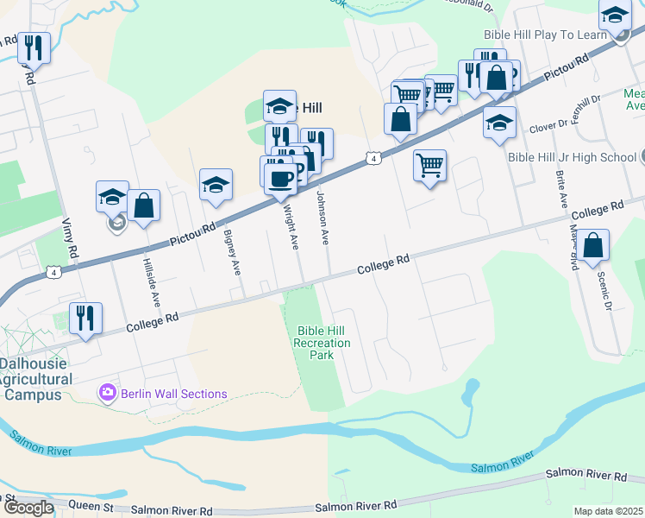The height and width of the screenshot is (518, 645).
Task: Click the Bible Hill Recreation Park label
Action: pyautogui.click(x=322, y=343)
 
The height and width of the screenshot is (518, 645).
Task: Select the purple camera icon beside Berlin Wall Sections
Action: pyautogui.click(x=107, y=393)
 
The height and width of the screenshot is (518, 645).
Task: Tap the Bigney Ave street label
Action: pyautogui.click(x=232, y=251)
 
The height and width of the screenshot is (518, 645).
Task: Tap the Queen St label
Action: pyautogui.click(x=84, y=508)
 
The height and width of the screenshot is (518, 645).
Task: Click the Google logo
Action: pyautogui.click(x=28, y=508)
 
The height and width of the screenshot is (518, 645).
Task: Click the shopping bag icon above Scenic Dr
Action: pyautogui.click(x=593, y=245)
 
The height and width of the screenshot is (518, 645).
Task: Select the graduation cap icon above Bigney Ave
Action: pyautogui.click(x=216, y=184)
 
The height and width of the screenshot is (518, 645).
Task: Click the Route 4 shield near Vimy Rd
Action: pyautogui.click(x=54, y=272)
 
